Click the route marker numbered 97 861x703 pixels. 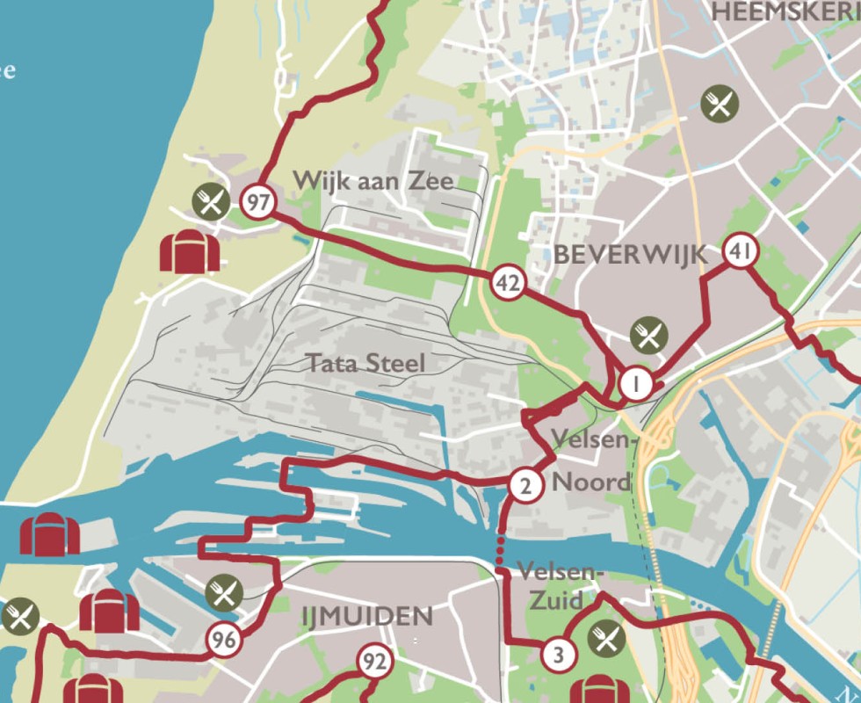click(258, 203)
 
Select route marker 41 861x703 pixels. click(740, 253)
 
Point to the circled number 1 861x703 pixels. click(636, 384)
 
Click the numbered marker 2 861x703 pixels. click(525, 485)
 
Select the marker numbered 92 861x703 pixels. click(374, 661)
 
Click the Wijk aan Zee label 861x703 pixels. click(373, 181)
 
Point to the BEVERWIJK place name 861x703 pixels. click(630, 255)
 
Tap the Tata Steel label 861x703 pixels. click(365, 363)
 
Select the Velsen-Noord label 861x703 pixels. click(591, 460)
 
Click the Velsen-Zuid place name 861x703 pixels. click(561, 586)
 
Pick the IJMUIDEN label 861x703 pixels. click(367, 617)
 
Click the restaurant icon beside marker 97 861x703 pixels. click(211, 203)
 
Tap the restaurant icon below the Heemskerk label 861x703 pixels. click(720, 105)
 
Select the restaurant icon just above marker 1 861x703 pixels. click(648, 336)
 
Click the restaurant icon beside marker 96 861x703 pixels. click(224, 594)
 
